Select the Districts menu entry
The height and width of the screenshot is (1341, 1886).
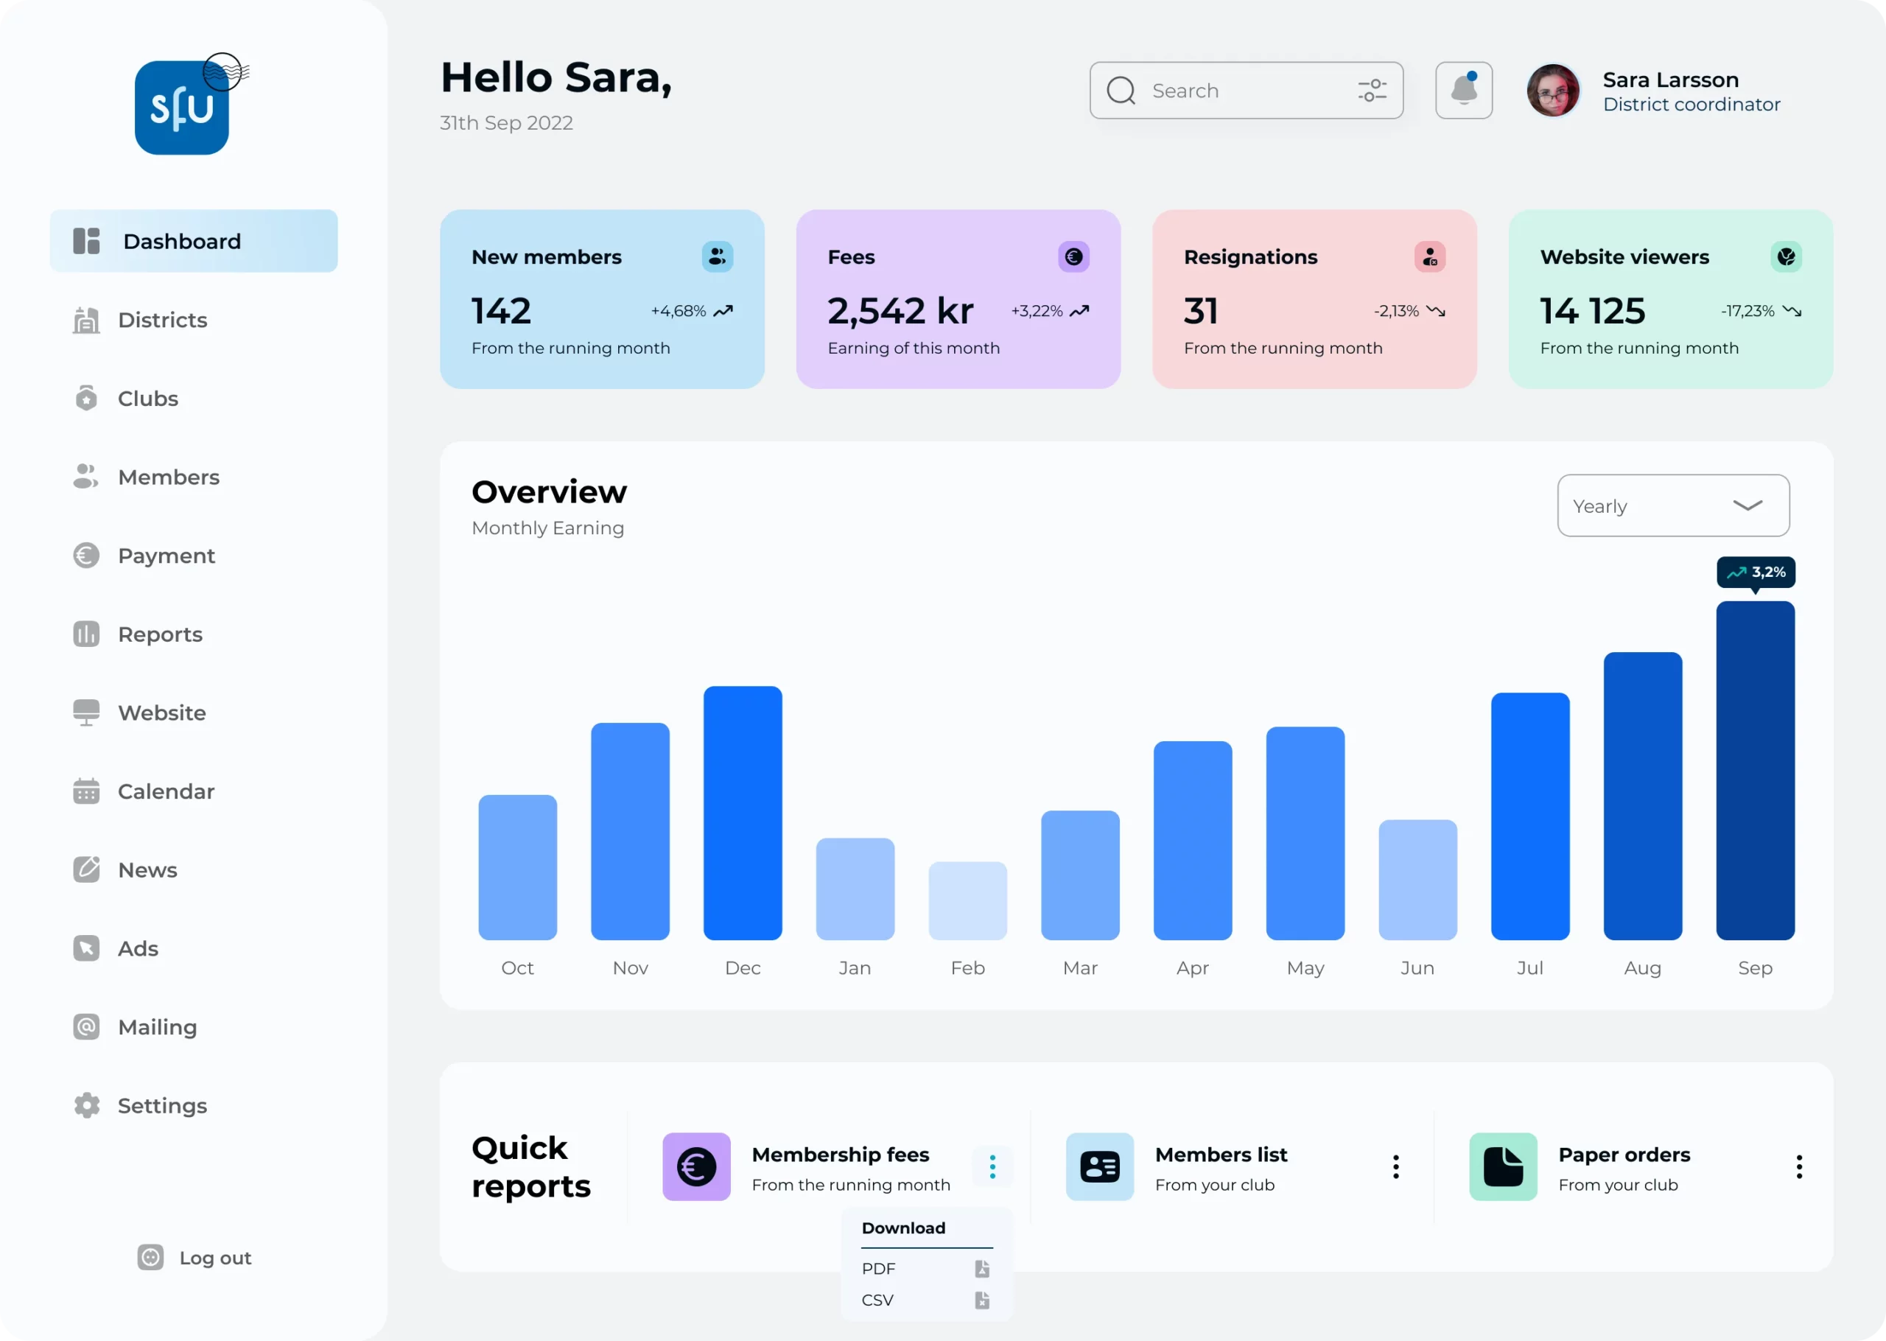pyautogui.click(x=162, y=321)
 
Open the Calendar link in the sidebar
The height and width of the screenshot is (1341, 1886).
pyautogui.click(x=165, y=791)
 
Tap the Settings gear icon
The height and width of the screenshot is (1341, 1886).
pyautogui.click(x=87, y=1106)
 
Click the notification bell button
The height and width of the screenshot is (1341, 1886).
pyautogui.click(x=1463, y=90)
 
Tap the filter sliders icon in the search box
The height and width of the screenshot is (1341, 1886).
pyautogui.click(x=1372, y=90)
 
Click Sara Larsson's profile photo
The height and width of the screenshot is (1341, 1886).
pyautogui.click(x=1552, y=90)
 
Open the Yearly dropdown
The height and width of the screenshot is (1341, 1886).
pyautogui.click(x=1673, y=505)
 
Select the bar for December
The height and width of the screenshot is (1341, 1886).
pyautogui.click(x=742, y=813)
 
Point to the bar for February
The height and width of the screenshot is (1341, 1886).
pyautogui.click(x=967, y=901)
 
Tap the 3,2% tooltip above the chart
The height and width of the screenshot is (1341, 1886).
pyautogui.click(x=1756, y=573)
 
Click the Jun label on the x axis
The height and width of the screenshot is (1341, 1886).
pyautogui.click(x=1417, y=967)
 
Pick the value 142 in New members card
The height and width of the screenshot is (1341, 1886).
pyautogui.click(x=501, y=311)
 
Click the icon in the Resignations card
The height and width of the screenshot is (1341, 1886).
pyautogui.click(x=1429, y=257)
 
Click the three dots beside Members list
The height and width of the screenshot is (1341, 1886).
pyautogui.click(x=1396, y=1167)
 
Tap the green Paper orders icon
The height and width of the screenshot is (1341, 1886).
pyautogui.click(x=1503, y=1167)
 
